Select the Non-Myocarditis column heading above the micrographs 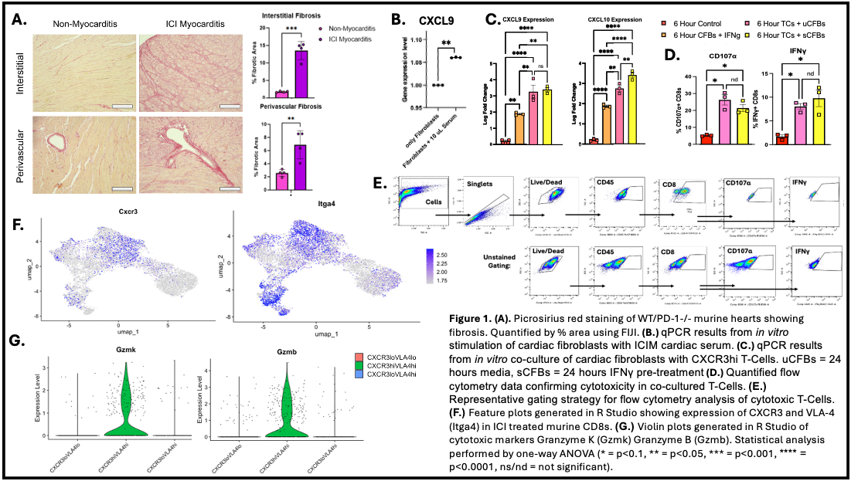click(x=83, y=23)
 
